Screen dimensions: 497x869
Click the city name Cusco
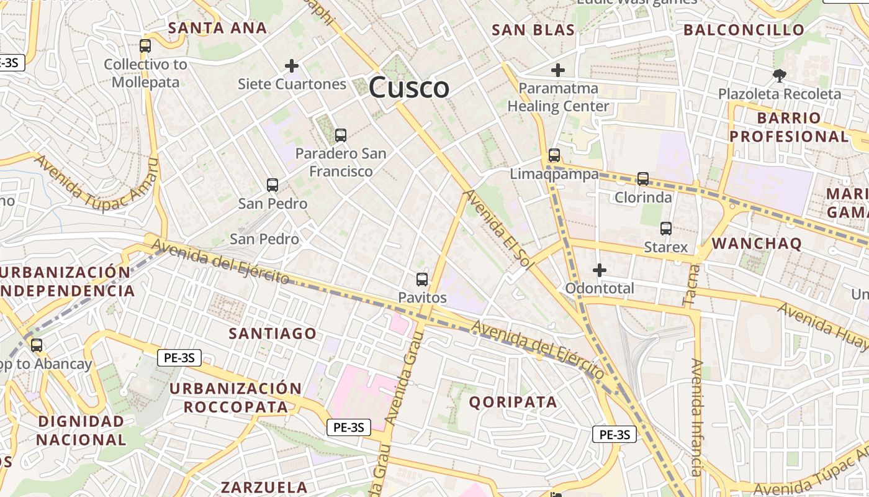(409, 88)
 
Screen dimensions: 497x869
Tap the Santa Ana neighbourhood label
(217, 28)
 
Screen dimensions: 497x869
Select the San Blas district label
(533, 30)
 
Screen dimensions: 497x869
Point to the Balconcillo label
(744, 30)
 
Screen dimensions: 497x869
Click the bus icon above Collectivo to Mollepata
(145, 45)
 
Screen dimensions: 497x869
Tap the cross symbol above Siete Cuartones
(292, 65)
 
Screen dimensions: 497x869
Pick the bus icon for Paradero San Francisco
(340, 135)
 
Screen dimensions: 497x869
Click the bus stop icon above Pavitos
(422, 279)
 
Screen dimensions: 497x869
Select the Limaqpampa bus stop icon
(554, 155)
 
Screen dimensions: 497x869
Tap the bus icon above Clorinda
(643, 179)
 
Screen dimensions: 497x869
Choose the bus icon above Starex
(666, 229)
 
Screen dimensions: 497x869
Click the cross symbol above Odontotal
(600, 270)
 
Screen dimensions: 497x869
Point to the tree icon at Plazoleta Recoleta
(779, 76)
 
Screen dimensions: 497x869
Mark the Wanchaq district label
(757, 243)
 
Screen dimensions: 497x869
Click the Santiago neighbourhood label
(272, 334)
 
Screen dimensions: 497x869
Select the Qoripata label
(513, 402)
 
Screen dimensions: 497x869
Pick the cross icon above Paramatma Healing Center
(558, 70)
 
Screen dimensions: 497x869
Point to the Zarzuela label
(264, 487)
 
